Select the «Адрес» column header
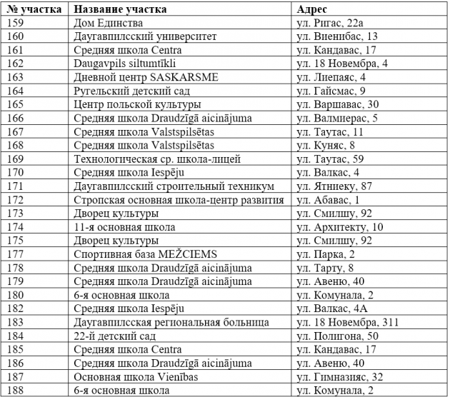pyautogui.click(x=311, y=10)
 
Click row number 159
pyautogui.click(x=15, y=24)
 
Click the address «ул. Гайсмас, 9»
pyautogui.click(x=331, y=91)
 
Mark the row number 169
pyautogui.click(x=15, y=159)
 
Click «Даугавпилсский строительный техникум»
pyautogui.click(x=174, y=186)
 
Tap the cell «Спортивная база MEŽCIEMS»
pyautogui.click(x=145, y=254)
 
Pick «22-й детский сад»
pyautogui.click(x=114, y=336)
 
